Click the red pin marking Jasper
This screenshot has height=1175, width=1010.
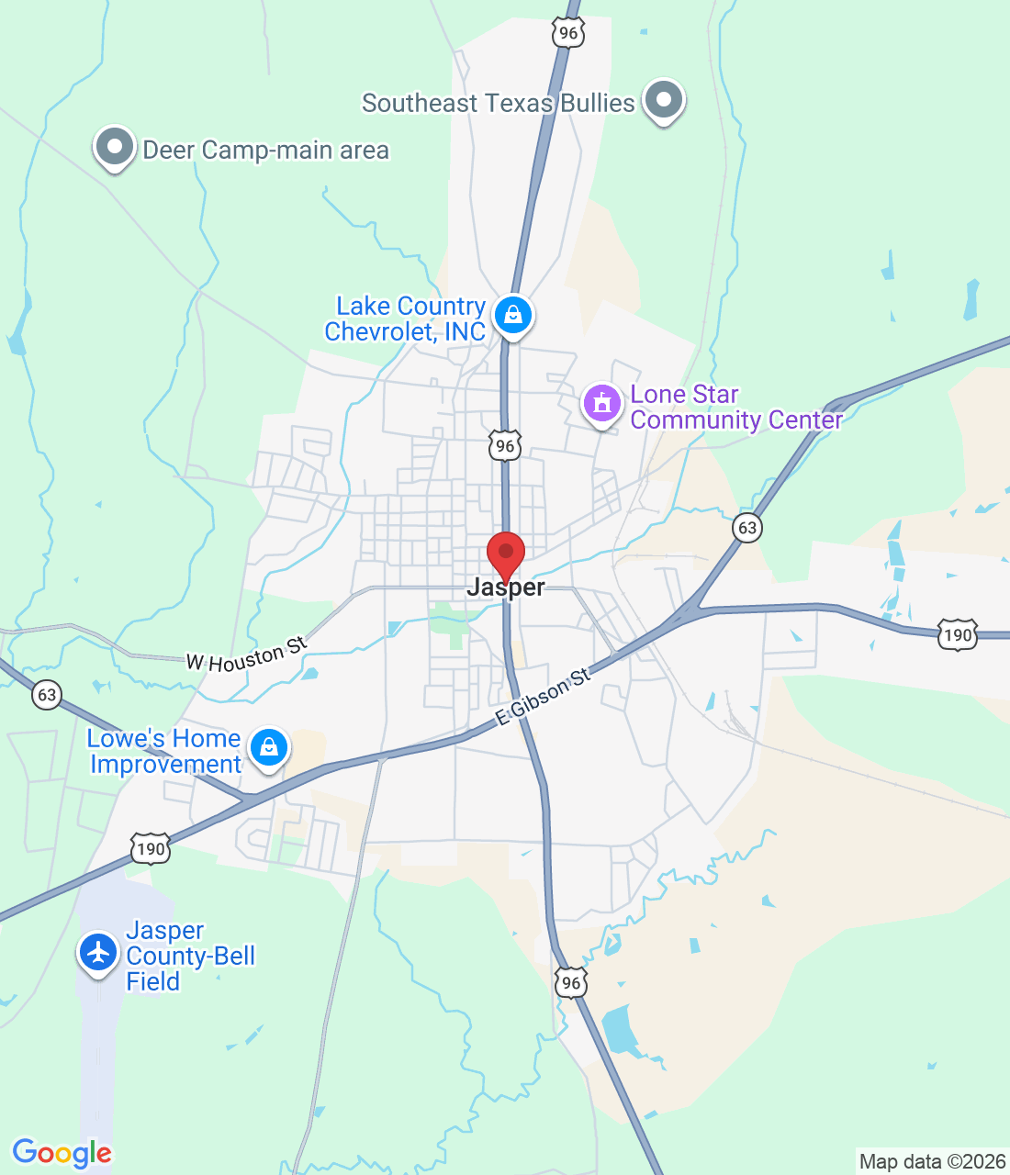[x=505, y=554]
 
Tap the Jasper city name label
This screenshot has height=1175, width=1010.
[x=506, y=587]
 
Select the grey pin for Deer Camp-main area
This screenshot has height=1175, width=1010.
[x=115, y=148]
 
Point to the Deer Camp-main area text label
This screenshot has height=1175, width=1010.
[x=266, y=150]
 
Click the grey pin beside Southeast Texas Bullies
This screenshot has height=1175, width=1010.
[x=663, y=100]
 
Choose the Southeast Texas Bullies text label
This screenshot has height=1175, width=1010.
[x=498, y=103]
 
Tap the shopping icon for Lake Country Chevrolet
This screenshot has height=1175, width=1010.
[x=513, y=316]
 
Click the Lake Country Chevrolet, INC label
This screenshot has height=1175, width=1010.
[x=406, y=319]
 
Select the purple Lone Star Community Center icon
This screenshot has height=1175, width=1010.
[x=602, y=404]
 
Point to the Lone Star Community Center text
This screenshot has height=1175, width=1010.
[x=736, y=407]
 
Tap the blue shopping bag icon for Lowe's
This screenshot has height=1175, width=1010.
[x=269, y=748]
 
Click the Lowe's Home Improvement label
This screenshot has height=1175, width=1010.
[x=164, y=751]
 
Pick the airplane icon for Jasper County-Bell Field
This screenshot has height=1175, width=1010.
[x=97, y=952]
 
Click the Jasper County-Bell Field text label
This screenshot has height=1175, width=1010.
[x=190, y=956]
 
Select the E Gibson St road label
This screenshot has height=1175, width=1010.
[x=543, y=698]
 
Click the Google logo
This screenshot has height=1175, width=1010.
[x=62, y=1153]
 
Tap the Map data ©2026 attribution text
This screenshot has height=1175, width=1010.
[x=932, y=1161]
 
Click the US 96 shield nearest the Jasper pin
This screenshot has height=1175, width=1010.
[x=504, y=446]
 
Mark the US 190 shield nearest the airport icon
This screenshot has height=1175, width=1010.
[x=150, y=849]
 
